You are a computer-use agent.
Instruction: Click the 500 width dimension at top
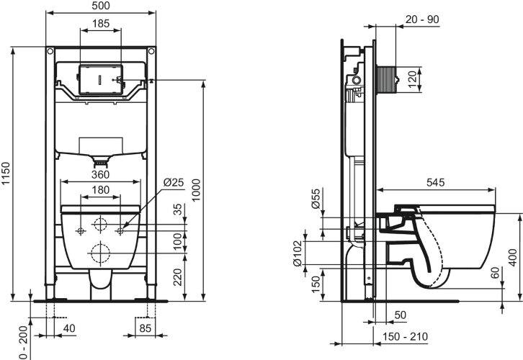(101, 5)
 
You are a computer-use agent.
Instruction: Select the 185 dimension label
(101, 24)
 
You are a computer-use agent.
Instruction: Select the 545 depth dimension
(435, 182)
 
